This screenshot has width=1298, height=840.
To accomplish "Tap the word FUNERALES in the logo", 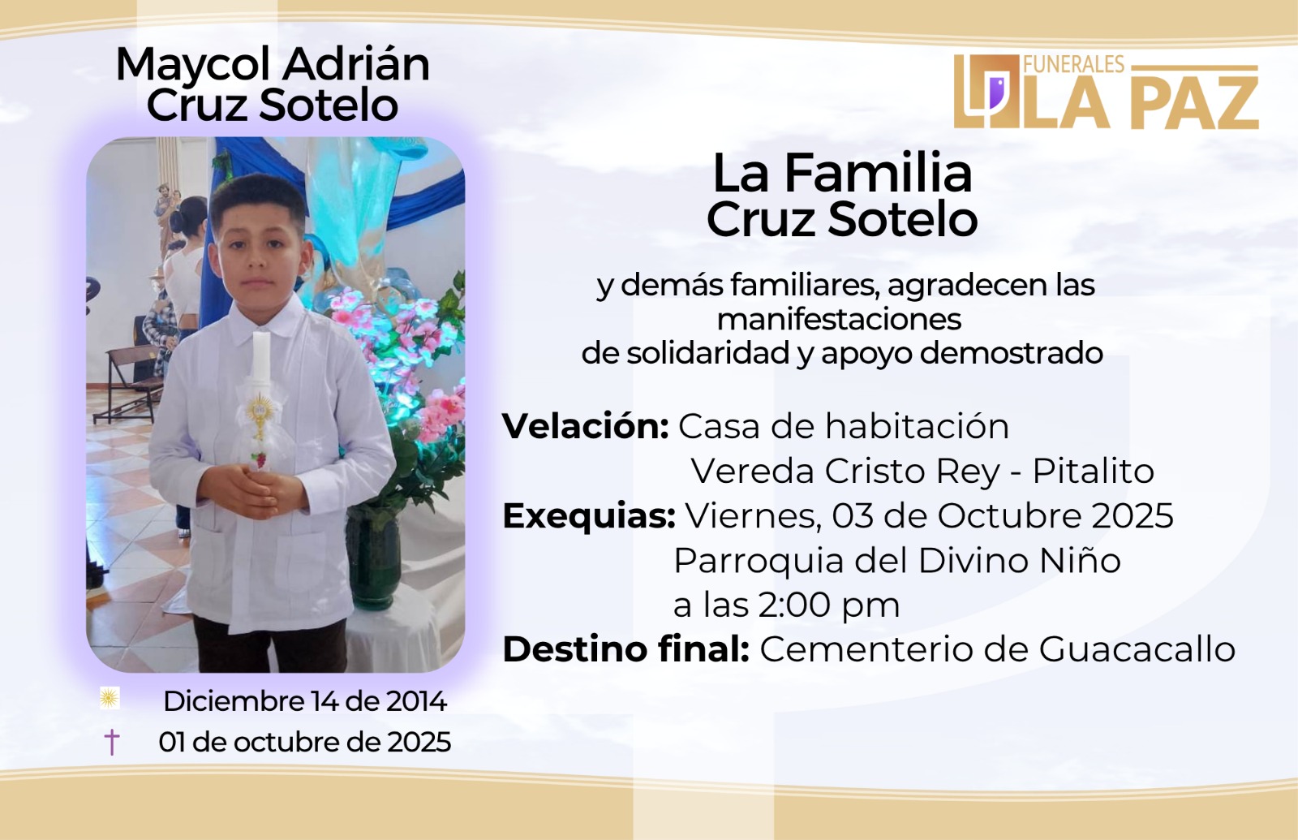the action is [x=1074, y=64].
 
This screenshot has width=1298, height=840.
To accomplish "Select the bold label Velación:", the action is [x=585, y=427].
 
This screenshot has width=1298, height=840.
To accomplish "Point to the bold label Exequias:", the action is [x=589, y=516].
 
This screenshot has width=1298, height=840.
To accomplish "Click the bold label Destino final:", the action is [x=625, y=649].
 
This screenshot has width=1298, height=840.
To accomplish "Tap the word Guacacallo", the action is [x=1137, y=649].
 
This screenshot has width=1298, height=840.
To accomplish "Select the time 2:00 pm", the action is [x=828, y=605].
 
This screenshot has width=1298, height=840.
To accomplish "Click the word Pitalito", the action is [x=1094, y=472].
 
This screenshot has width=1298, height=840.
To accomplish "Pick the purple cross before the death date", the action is [x=111, y=742].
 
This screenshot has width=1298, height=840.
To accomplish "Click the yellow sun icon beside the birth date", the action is [x=110, y=699].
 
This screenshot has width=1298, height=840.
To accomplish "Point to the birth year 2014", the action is [x=417, y=701].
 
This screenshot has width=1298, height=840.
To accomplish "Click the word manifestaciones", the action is [x=839, y=320].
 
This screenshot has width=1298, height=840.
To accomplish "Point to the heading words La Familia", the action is [x=842, y=174].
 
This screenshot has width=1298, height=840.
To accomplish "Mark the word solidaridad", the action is [x=708, y=353].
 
